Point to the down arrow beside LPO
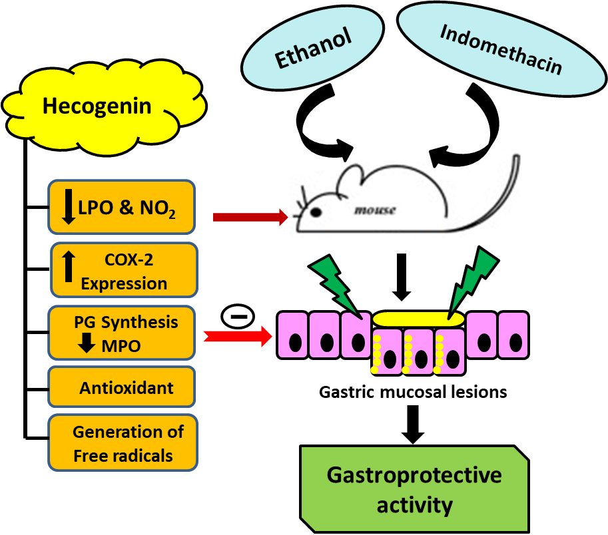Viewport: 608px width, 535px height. [68, 207]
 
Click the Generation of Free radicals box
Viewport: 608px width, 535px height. [123, 443]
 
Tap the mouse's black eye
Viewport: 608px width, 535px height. [316, 212]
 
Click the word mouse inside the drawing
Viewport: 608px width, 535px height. [374, 210]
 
